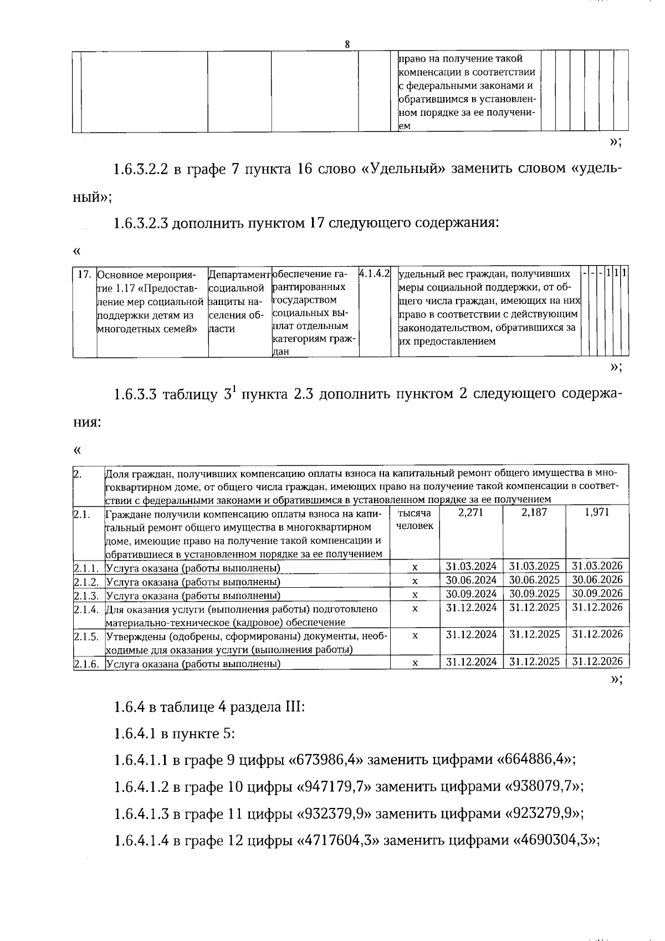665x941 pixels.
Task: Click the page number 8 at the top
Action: tap(347, 44)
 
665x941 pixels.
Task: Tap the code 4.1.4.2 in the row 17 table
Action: tap(375, 274)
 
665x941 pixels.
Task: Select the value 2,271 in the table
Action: tap(470, 512)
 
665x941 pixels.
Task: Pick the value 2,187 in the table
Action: tap(534, 512)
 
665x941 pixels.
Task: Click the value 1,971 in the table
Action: tap(597, 512)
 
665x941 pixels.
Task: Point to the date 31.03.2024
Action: tap(471, 566)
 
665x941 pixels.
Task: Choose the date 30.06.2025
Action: tap(534, 580)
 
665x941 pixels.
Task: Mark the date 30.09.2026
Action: tap(597, 593)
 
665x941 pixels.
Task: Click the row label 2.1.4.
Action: tap(86, 609)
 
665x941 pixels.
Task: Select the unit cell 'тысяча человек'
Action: tap(415, 520)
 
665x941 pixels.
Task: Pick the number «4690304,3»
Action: tap(554, 840)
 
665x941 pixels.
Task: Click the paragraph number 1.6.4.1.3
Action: tap(141, 813)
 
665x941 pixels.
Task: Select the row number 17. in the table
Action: tap(84, 274)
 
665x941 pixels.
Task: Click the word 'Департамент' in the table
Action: tap(239, 274)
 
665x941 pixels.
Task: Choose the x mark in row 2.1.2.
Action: tap(415, 581)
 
